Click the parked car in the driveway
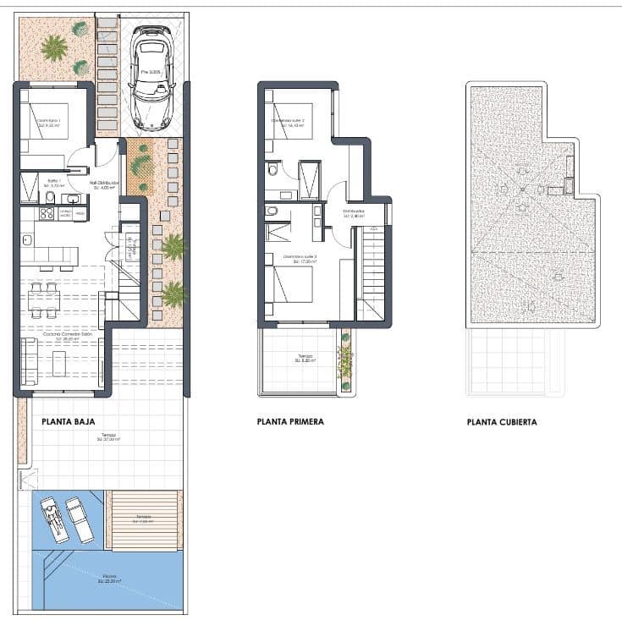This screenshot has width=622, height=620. (x=152, y=78)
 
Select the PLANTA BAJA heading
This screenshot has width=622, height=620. (x=68, y=421)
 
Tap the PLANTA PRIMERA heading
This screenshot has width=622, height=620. (x=290, y=421)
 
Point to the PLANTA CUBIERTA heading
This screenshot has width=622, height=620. (x=501, y=421)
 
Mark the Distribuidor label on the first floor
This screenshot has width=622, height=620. (x=353, y=212)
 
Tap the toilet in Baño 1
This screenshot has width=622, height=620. (x=50, y=198)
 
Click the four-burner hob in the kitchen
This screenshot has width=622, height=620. (x=43, y=215)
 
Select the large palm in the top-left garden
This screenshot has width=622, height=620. (x=54, y=47)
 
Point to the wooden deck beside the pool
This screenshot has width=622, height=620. (x=143, y=519)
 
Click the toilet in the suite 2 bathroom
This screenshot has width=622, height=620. (x=272, y=169)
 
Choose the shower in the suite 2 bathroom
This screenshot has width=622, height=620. (x=309, y=179)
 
